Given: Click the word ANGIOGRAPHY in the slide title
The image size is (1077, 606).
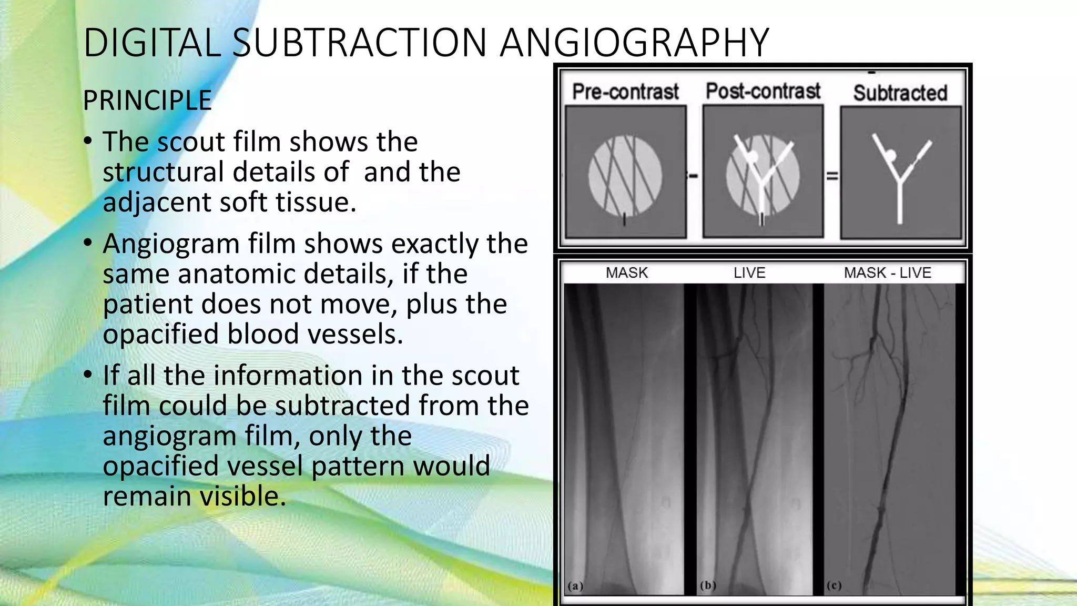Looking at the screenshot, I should [x=634, y=43].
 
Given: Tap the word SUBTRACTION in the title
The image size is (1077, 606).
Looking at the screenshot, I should [x=360, y=43].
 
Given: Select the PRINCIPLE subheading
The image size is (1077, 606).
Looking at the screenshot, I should [x=147, y=100].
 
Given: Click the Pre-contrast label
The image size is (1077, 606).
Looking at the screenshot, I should [x=625, y=92].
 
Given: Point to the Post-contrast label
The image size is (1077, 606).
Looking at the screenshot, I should [x=763, y=91].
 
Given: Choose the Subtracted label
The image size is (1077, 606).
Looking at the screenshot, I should [x=900, y=93].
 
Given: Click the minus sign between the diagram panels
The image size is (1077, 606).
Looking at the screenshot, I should [x=694, y=176].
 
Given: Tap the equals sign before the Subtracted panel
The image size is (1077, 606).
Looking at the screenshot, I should [x=832, y=176].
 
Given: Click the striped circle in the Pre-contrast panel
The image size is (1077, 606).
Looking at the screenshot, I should [x=625, y=175].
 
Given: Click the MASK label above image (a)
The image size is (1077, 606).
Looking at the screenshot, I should [x=627, y=272].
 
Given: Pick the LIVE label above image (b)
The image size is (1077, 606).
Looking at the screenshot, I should [x=749, y=272].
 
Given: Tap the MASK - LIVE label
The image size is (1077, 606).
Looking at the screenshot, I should [x=888, y=272].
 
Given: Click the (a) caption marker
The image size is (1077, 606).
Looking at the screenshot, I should [x=575, y=585].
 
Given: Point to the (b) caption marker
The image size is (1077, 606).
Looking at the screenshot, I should [x=708, y=585].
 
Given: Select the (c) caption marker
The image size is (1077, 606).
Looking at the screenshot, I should [x=834, y=585].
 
